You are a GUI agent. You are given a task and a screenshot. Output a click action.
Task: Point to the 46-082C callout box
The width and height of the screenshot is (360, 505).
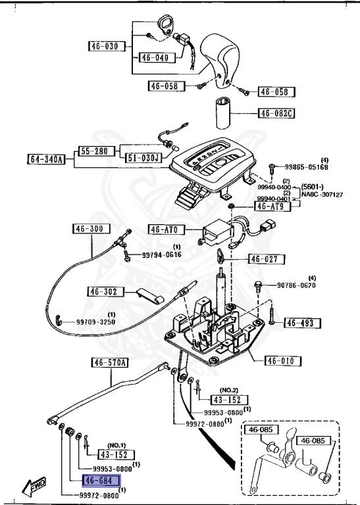tap(276, 113)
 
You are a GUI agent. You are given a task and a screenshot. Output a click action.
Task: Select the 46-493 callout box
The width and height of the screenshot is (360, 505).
tap(302, 323)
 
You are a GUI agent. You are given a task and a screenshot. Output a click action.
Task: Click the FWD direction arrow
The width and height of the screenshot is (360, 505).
tap(34, 486)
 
